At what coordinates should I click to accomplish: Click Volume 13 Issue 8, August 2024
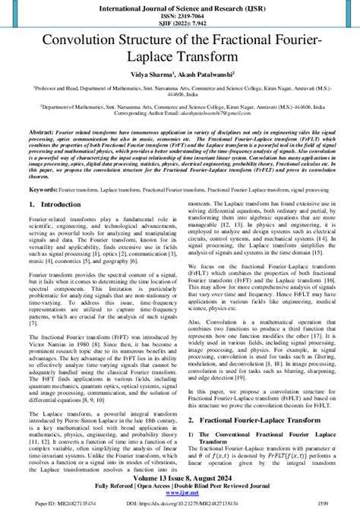[180, 478]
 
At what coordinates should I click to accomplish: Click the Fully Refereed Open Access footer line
[180, 485]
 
